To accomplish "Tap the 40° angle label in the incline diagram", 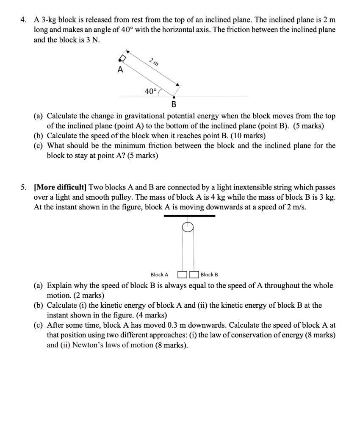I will tap(150, 91).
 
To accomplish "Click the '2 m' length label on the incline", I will tap(154, 62).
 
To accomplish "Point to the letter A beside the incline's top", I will tap(120, 70).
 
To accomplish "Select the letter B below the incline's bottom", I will tap(174, 104).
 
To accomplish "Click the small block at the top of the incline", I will tap(123, 58).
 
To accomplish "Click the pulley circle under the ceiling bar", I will tap(188, 227).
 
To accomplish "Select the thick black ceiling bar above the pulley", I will tap(189, 216).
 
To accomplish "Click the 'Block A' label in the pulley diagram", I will tap(159, 275).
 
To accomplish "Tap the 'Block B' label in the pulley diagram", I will tap(209, 275).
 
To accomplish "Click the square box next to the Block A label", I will tap(183, 275).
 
